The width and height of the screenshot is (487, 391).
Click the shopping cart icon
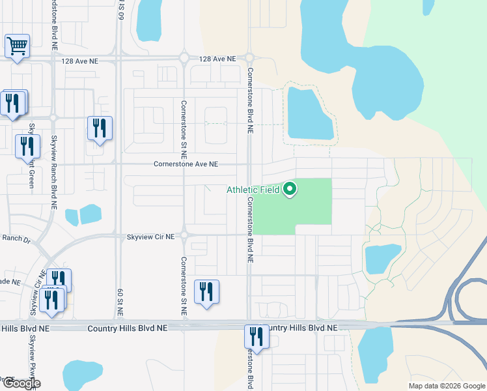17,46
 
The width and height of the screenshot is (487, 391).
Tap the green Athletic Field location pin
290,189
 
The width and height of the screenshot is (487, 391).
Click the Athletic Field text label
253,190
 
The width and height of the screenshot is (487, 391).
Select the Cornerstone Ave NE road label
186,164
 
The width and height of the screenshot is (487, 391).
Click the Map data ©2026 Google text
446,386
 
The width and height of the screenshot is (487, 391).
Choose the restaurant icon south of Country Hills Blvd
257,337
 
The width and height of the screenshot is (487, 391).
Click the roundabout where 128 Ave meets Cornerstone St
184,59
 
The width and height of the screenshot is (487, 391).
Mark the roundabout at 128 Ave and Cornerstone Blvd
249,59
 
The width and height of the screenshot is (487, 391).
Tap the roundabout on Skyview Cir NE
184,235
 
